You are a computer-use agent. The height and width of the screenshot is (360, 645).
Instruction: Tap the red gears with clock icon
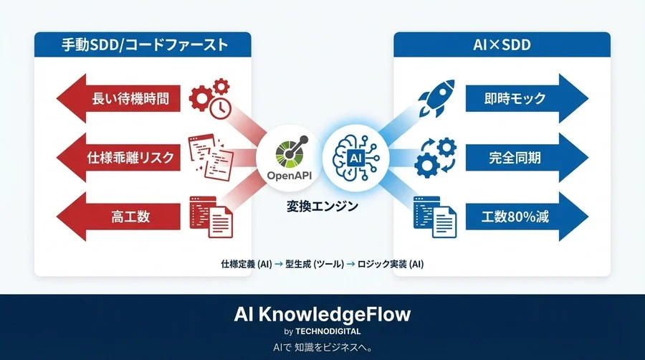click(210, 98)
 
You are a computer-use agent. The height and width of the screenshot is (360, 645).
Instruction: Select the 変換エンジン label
click(322, 207)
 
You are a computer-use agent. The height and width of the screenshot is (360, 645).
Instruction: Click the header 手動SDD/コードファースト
click(143, 45)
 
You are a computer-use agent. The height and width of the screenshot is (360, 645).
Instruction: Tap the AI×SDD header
click(502, 45)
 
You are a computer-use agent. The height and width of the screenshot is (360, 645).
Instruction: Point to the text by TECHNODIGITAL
click(322, 331)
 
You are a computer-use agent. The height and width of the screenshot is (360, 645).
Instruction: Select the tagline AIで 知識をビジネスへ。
click(322, 347)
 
